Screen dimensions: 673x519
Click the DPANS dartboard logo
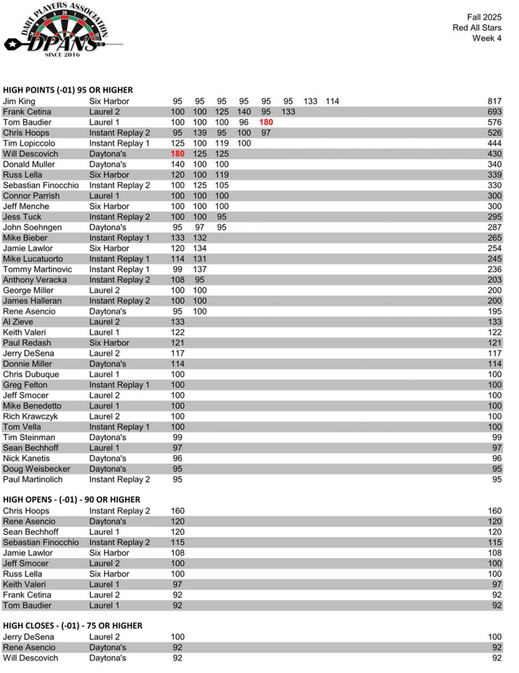[63, 29]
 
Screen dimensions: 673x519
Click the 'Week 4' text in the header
[486, 38]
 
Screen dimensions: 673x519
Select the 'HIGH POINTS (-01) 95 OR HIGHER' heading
[68, 90]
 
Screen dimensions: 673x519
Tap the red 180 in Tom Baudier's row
[266, 122]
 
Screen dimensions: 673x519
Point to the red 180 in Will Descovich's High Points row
[177, 154]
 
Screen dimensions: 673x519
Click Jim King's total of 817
[494, 101]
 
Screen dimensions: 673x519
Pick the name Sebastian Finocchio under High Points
[40, 185]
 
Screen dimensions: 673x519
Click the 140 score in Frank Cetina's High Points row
[244, 112]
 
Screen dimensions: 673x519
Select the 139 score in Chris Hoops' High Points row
[199, 133]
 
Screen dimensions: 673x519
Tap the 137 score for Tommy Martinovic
[199, 269]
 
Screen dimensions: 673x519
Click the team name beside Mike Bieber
[119, 238]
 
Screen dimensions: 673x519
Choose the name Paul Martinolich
[33, 479]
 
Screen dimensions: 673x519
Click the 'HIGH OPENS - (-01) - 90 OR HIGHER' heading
[71, 500]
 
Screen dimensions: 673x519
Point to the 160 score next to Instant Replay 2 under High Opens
[177, 511]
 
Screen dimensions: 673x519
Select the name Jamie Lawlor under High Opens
[28, 553]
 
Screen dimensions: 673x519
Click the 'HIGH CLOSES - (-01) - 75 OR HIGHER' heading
[72, 626]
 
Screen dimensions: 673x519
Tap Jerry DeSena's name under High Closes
[28, 637]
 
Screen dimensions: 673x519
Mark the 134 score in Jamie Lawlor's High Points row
[199, 249]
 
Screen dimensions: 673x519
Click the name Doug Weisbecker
[36, 469]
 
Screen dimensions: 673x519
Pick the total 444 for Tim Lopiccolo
[494, 143]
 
